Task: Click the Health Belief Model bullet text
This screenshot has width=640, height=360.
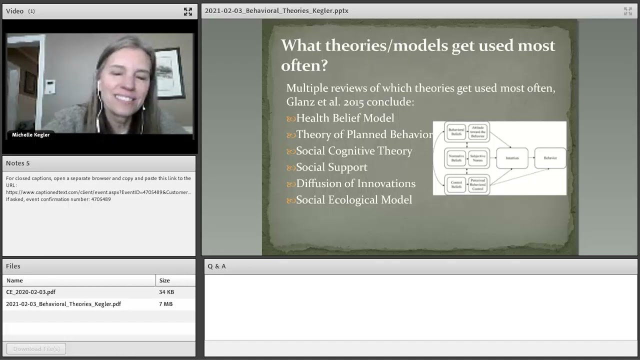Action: pyautogui.click(x=345, y=118)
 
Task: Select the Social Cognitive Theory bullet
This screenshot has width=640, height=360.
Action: pyautogui.click(x=354, y=151)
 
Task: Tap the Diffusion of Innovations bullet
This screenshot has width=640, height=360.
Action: pyautogui.click(x=355, y=184)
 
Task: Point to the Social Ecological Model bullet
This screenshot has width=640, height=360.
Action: pyautogui.click(x=354, y=200)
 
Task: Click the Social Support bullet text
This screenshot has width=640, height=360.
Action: pyautogui.click(x=331, y=167)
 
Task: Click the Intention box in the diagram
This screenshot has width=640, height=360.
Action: pyautogui.click(x=512, y=158)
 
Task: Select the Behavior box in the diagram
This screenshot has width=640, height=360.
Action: pyautogui.click(x=550, y=158)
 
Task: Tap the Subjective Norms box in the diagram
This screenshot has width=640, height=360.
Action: pyautogui.click(x=478, y=158)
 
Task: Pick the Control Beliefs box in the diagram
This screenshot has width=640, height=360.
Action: pyautogui.click(x=456, y=185)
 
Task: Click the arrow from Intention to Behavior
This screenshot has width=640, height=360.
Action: pyautogui.click(x=531, y=158)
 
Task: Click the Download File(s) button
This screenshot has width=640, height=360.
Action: pyautogui.click(x=36, y=348)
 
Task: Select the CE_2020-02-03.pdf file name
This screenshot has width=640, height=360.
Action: pyautogui.click(x=31, y=292)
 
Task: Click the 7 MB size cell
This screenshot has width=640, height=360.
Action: pyautogui.click(x=165, y=304)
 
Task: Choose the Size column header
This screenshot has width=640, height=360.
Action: pyautogui.click(x=164, y=280)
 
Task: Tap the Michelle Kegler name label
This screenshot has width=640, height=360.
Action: pyautogui.click(x=30, y=135)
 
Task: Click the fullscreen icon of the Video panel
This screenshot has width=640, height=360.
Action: pyautogui.click(x=188, y=11)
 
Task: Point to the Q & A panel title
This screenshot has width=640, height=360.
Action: pyautogui.click(x=216, y=266)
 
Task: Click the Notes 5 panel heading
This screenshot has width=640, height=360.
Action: pyautogui.click(x=18, y=163)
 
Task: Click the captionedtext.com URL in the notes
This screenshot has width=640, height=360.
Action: pyautogui.click(x=98, y=192)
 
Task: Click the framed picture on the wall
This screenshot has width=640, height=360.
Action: pyautogui.click(x=167, y=72)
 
